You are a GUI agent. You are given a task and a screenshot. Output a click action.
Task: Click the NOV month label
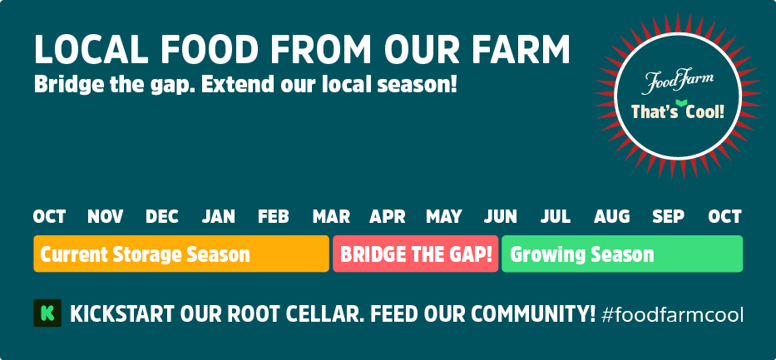(106, 217)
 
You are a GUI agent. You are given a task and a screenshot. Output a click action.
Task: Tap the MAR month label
(331, 217)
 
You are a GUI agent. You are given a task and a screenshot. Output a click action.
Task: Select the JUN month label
(501, 217)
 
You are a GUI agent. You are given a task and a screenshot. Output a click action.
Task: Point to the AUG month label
(612, 217)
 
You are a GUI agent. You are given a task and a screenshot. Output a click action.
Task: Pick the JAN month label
(218, 217)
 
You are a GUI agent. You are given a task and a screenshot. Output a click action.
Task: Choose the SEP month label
(668, 217)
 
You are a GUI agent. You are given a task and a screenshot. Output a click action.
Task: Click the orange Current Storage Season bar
(181, 254)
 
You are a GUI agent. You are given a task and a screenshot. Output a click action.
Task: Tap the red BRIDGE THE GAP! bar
(416, 254)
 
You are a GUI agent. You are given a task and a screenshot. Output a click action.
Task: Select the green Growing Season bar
(622, 254)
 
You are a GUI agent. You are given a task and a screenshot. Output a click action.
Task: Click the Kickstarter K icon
(47, 313)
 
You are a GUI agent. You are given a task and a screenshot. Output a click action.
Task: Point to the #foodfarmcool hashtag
(672, 314)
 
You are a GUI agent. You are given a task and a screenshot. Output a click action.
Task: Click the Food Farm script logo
(678, 81)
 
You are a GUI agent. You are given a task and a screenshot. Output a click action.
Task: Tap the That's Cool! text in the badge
(678, 111)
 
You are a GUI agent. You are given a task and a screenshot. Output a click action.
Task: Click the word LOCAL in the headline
(91, 49)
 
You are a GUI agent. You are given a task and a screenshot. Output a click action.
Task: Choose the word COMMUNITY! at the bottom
(532, 314)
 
